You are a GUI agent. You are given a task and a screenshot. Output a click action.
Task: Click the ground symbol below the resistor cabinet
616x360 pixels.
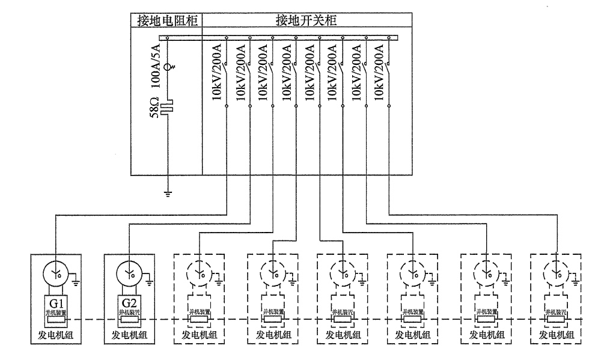[168, 193]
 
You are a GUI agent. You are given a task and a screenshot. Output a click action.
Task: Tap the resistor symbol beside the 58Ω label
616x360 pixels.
[168, 109]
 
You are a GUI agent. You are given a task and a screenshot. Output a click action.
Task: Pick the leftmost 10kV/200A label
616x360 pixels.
[218, 73]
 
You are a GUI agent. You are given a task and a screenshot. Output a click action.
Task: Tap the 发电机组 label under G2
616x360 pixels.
[130, 334]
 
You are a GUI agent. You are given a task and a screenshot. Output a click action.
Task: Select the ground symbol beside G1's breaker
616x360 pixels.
[76, 278]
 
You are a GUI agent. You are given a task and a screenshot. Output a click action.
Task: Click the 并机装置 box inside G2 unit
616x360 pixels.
[130, 316]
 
